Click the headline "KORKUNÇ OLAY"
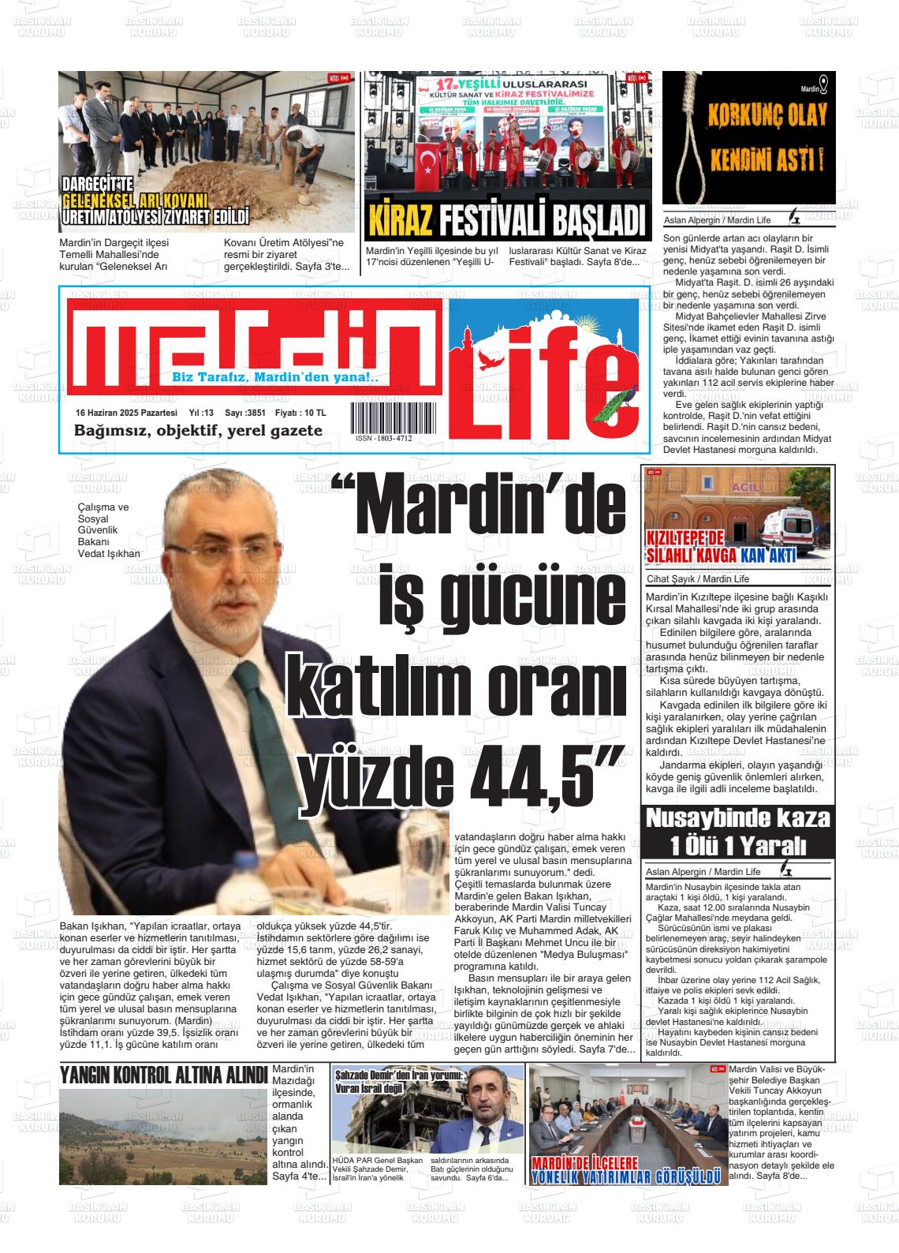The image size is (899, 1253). coord(767,117)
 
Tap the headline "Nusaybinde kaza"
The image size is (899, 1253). coord(737,817)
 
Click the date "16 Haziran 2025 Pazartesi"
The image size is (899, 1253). coord(129,413)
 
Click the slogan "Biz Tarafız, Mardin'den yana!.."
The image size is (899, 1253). coord(275,377)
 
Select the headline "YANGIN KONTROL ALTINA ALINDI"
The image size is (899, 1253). coord(164,1075)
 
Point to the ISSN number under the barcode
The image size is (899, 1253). coord(383,439)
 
